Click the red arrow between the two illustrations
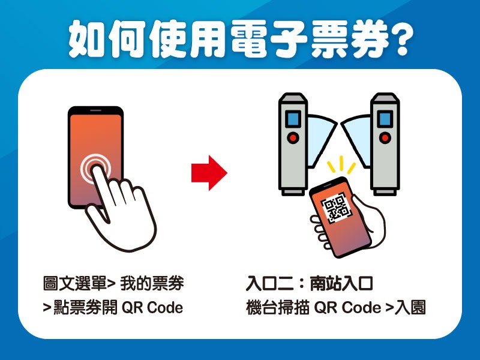pos(209,173)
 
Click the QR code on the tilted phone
pos(336,208)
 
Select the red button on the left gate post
pos(293,137)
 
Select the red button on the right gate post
pos(385,137)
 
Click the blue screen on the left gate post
pos(293,119)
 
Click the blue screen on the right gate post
pos(385,119)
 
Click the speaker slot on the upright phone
pos(95,110)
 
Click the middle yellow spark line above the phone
pos(341,163)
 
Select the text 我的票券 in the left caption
pos(152,283)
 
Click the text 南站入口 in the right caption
pos(341,283)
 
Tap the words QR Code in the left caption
pos(152,308)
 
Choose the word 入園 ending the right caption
pos(410,308)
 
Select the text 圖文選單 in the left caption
pos(74,283)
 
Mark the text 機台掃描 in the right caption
pos(277,308)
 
